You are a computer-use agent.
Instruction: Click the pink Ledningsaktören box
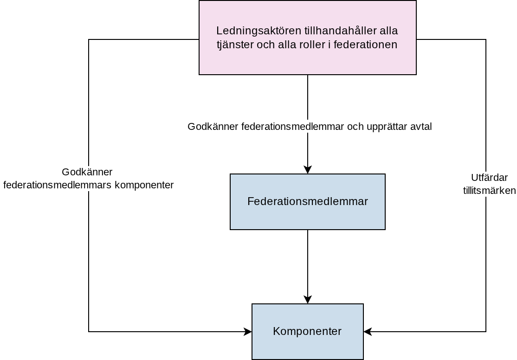(308, 38)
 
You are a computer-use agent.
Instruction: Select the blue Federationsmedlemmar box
(308, 202)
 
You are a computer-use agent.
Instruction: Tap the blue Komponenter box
(308, 331)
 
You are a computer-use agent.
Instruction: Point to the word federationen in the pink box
(365, 45)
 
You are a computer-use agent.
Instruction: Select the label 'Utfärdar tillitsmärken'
(489, 184)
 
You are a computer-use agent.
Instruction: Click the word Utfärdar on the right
(489, 178)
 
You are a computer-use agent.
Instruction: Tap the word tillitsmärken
(489, 191)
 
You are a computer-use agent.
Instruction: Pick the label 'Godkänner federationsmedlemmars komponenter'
(88, 178)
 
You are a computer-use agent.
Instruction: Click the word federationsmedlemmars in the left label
(58, 185)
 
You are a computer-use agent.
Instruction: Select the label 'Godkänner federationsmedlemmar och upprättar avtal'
(310, 127)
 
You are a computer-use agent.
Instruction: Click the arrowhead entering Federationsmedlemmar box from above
(308, 169)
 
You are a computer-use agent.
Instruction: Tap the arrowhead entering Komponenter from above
(308, 299)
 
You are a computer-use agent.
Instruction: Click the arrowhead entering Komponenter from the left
(248, 331)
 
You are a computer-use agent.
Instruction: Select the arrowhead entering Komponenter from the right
(368, 331)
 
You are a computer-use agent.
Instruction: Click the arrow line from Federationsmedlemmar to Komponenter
(308, 267)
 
